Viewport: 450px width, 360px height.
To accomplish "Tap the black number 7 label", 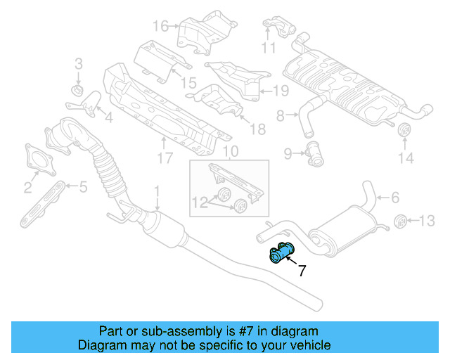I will coord(302,270).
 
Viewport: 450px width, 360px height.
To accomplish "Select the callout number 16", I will coord(161,27).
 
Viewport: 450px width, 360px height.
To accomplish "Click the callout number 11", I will coord(269,48).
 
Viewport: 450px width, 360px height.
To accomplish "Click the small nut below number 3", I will coord(78,91).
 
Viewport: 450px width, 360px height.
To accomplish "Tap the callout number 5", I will coord(82,186).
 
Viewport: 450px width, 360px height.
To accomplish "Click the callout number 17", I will coord(164,158).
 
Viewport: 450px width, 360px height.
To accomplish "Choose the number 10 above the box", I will coord(230,151).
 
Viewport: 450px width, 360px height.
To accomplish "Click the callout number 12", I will coord(200,203).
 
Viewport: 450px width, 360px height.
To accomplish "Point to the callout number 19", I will coord(281,90).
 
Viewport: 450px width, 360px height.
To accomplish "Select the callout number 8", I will coord(280,115).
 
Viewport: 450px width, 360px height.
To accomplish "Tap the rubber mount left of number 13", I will coord(400,221).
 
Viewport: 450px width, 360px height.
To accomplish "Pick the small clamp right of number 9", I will coord(314,153).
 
